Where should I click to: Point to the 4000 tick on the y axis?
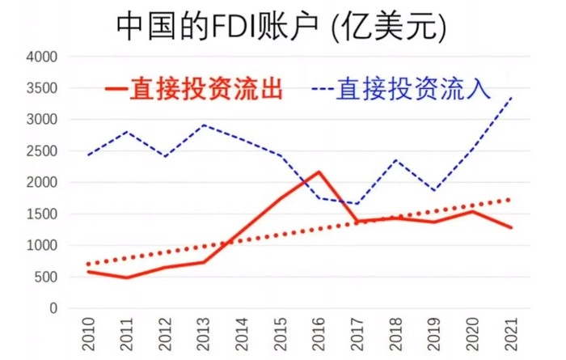tap(42, 57)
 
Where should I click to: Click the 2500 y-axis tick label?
tap(42, 151)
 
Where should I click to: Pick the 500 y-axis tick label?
tap(45, 277)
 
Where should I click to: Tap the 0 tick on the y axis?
tap(53, 308)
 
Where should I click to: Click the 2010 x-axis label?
tap(89, 333)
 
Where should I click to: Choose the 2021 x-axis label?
tap(511, 333)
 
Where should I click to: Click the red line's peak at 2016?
tap(319, 172)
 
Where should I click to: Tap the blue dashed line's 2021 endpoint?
tap(511, 99)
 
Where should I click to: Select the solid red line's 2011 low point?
tap(127, 277)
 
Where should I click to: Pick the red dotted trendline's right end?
tap(511, 199)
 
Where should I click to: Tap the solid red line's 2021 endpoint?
tap(511, 227)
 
